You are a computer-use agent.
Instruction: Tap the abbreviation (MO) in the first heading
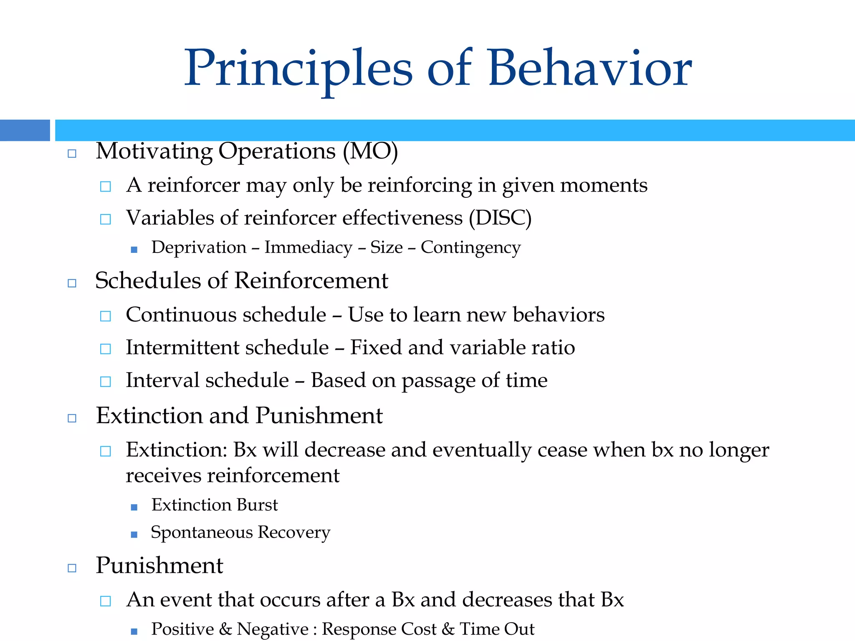pos(370,151)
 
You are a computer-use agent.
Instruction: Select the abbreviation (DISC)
pos(500,218)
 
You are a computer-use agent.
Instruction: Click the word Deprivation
pos(199,247)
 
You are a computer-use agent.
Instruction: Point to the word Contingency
pos(471,247)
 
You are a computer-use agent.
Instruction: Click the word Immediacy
pos(309,247)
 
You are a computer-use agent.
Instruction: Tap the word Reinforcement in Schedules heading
pos(311,280)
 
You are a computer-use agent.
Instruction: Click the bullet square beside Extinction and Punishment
pos(72,418)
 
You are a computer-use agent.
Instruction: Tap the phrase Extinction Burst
pos(214,505)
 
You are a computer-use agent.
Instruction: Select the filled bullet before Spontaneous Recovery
pos(134,535)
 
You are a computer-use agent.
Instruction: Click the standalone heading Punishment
pos(159,565)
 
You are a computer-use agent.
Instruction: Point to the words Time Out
pos(497,629)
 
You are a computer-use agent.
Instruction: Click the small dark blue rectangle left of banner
pos(25,130)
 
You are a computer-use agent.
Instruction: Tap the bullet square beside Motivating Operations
pos(72,154)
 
